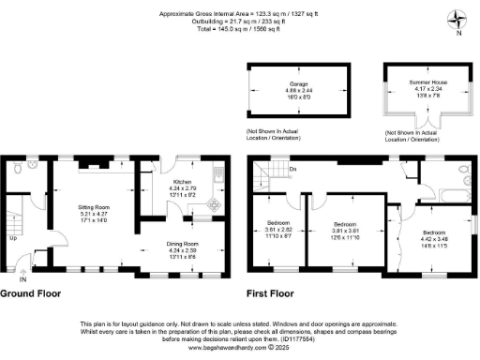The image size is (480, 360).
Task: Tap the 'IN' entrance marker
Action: [22, 279]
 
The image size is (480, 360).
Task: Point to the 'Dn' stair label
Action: [292, 169]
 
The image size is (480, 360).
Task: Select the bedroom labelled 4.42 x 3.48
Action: [434, 236]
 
